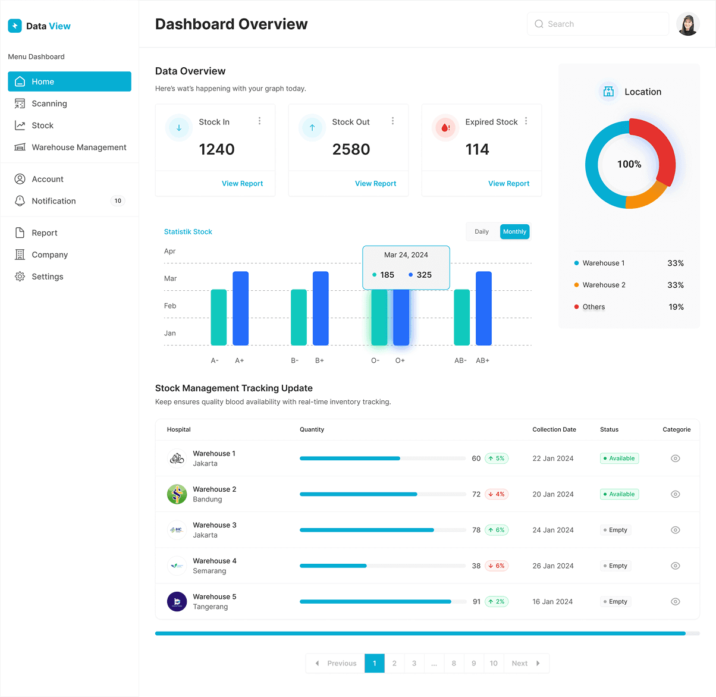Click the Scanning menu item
(x=49, y=103)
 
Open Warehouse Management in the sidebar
(x=78, y=147)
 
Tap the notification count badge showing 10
(x=118, y=201)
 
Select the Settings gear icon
(x=20, y=277)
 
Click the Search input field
(x=598, y=24)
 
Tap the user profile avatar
(x=687, y=24)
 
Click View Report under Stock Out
(x=375, y=184)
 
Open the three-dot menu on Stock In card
(x=259, y=121)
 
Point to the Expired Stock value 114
(x=477, y=149)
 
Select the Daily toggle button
(x=482, y=232)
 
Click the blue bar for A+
(x=240, y=308)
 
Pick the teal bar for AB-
(x=461, y=317)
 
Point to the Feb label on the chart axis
(x=170, y=306)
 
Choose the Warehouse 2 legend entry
(x=604, y=285)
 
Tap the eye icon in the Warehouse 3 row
(x=675, y=530)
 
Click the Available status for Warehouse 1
(x=619, y=459)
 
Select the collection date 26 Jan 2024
(x=553, y=566)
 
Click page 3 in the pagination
(x=414, y=663)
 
